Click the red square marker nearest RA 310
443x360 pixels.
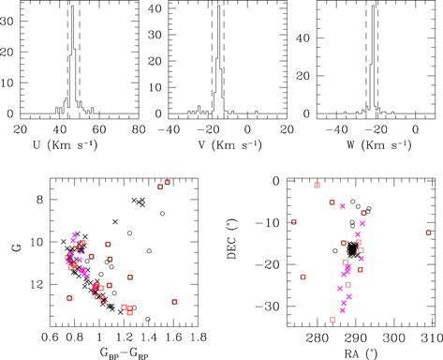click(x=429, y=232)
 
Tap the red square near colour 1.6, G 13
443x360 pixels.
click(x=174, y=302)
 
